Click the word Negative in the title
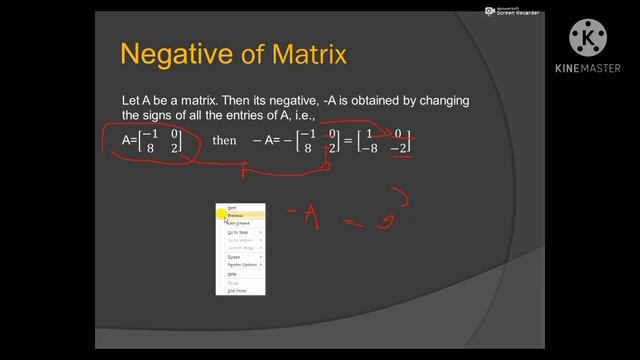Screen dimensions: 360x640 [x=171, y=53]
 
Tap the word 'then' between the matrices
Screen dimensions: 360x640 [x=224, y=141]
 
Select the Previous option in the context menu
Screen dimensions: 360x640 [x=236, y=215]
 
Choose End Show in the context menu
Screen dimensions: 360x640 [x=237, y=291]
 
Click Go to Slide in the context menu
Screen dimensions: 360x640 [x=238, y=232]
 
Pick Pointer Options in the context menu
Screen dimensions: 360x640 [x=242, y=265]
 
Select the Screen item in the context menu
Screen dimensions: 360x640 [x=234, y=257]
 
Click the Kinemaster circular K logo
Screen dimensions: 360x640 [x=588, y=38]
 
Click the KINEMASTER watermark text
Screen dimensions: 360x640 [x=588, y=69]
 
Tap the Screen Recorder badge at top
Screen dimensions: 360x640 [x=512, y=12]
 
